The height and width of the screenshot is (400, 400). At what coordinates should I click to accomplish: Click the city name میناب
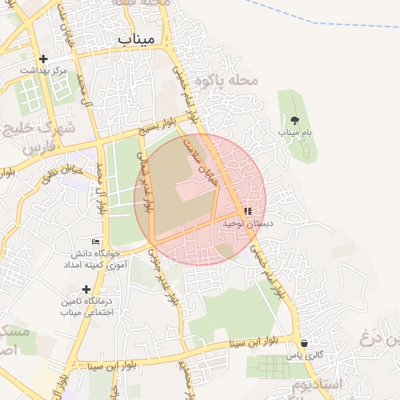tap(136, 38)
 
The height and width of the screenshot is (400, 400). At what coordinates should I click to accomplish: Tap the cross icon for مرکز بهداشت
tap(43, 59)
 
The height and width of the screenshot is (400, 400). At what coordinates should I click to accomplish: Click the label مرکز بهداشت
tap(44, 70)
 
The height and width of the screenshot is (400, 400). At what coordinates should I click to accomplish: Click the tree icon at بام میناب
tap(295, 120)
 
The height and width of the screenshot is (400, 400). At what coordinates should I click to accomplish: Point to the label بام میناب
tap(295, 133)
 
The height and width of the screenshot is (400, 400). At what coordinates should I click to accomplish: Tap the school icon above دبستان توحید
tap(248, 211)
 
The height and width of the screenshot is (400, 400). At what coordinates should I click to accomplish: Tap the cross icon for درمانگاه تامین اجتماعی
tap(86, 289)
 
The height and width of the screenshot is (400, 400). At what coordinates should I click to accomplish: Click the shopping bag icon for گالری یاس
tap(304, 343)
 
